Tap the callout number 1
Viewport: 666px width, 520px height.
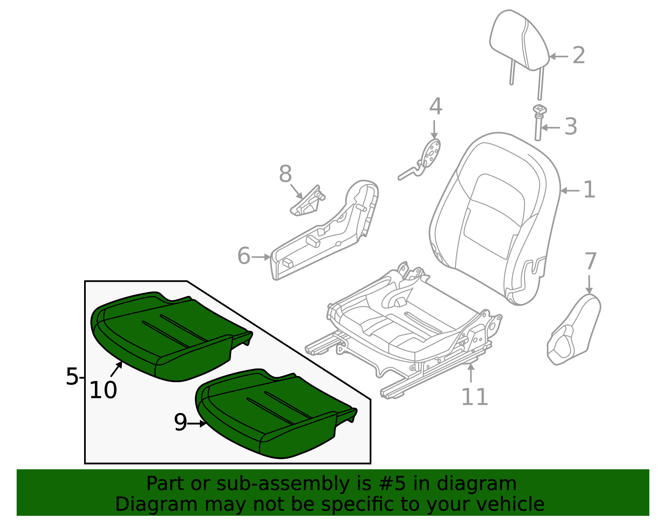click(x=589, y=190)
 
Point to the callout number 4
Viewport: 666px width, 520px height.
click(x=435, y=107)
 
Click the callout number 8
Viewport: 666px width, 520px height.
click(x=285, y=174)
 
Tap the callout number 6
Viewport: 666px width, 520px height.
click(x=244, y=256)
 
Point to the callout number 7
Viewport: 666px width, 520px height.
click(x=590, y=261)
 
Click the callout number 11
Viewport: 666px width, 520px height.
click(x=475, y=396)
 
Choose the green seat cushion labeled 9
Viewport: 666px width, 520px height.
click(x=271, y=416)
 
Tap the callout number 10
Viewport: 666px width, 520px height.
click(x=103, y=391)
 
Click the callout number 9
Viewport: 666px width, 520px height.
click(x=180, y=423)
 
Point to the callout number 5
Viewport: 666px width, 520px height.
click(x=72, y=376)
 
